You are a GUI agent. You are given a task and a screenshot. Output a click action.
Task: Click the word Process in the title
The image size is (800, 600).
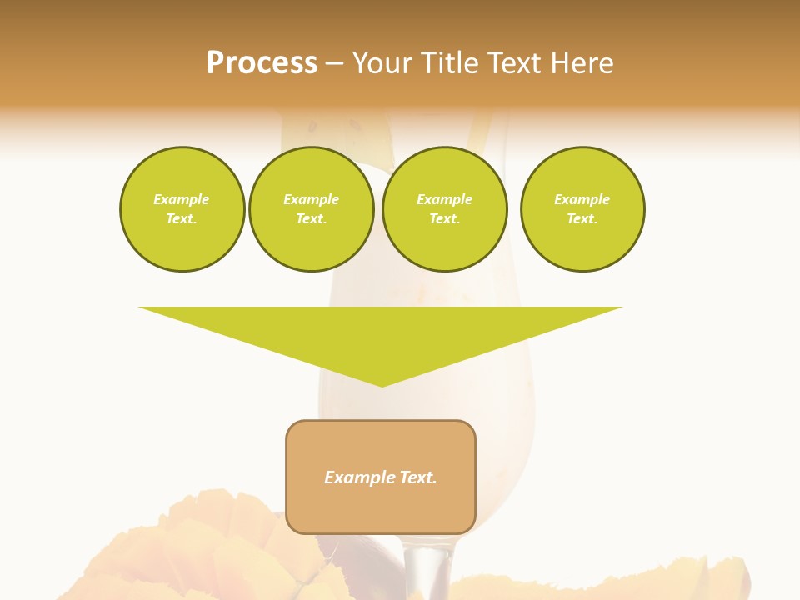pos(262,63)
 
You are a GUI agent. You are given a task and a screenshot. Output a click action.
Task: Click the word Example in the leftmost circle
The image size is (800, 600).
pos(182,199)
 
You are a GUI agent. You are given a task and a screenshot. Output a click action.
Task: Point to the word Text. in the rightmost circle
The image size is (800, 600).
pos(582,219)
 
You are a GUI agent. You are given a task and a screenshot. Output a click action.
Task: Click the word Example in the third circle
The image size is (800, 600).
pos(444,199)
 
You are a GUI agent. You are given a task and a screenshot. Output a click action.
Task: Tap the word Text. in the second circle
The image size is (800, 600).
pos(312,219)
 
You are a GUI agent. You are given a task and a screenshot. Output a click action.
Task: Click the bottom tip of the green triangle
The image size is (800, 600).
pos(382,384)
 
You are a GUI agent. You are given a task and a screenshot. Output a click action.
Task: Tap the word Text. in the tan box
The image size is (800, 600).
pos(417,477)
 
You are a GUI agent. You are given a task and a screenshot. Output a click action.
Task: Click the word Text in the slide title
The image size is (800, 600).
pos(518,63)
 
